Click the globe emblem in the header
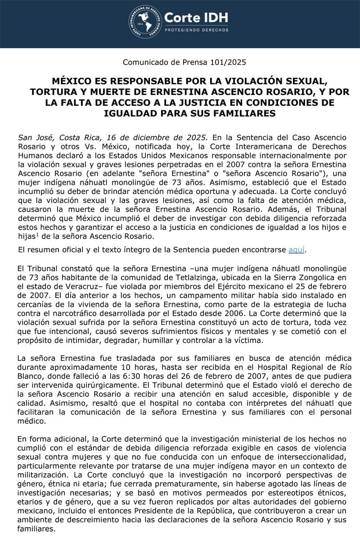point(145,21)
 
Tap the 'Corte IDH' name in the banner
point(196,18)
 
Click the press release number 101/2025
point(229,63)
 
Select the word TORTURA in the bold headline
point(53,92)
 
